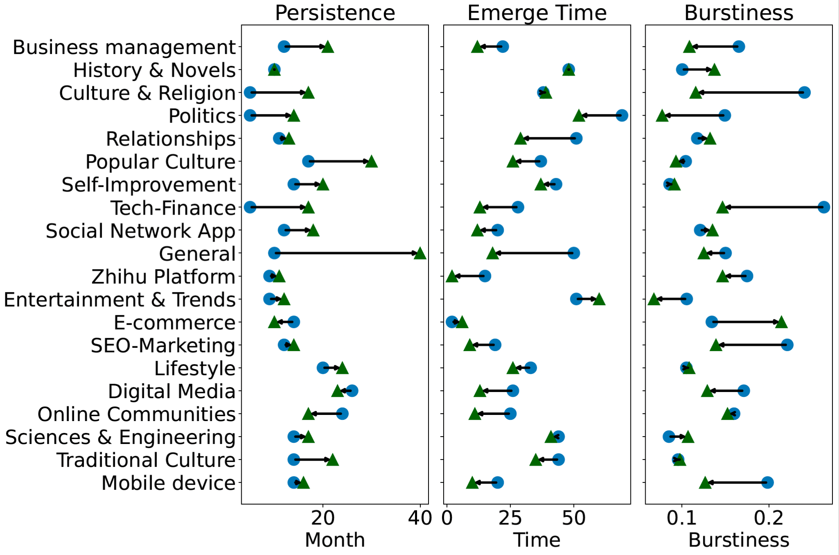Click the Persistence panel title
[x=335, y=13]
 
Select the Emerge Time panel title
[x=537, y=13]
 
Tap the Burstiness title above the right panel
[x=739, y=13]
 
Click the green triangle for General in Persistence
[x=420, y=254]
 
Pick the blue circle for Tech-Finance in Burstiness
[x=823, y=207]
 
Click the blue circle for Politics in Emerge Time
[x=622, y=116]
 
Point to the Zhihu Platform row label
[x=163, y=277]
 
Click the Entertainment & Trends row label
[x=120, y=300]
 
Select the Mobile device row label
[x=168, y=483]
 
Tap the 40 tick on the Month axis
[x=420, y=519]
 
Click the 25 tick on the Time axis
[x=510, y=519]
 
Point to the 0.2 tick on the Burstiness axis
[x=769, y=519]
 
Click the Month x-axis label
[x=335, y=540]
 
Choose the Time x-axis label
[x=537, y=540]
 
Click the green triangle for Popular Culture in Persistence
[x=371, y=162]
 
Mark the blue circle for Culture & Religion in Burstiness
[x=804, y=93]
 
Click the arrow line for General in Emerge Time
[x=533, y=253]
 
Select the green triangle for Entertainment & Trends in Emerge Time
[x=599, y=299]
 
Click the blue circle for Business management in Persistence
[x=284, y=47]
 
